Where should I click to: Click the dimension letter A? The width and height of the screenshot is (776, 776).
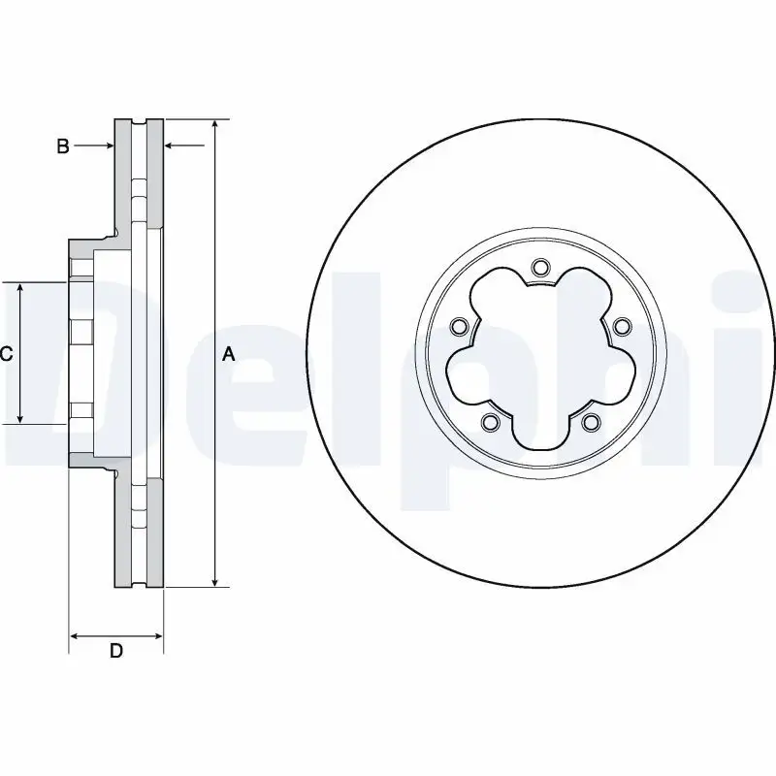pyautogui.click(x=229, y=354)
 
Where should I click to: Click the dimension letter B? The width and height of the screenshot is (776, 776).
pyautogui.click(x=62, y=146)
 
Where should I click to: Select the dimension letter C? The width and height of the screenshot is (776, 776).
pyautogui.click(x=6, y=354)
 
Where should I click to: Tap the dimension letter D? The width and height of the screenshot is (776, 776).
pyautogui.click(x=115, y=651)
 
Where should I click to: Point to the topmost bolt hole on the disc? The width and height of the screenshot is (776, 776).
pyautogui.click(x=541, y=267)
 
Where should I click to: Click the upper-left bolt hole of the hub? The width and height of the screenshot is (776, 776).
pyautogui.click(x=461, y=325)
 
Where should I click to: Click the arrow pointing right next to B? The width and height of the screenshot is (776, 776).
pyautogui.click(x=107, y=146)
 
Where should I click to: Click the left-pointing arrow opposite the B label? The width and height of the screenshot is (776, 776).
pyautogui.click(x=172, y=146)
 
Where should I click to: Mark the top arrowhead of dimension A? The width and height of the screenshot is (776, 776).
pyautogui.click(x=215, y=125)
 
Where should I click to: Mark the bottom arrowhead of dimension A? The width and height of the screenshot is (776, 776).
pyautogui.click(x=215, y=582)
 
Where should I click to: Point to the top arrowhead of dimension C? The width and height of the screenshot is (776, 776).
pyautogui.click(x=21, y=288)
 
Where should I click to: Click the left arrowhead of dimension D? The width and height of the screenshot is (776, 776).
pyautogui.click(x=75, y=637)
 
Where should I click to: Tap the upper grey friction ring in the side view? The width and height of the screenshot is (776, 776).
pyautogui.click(x=122, y=175)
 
